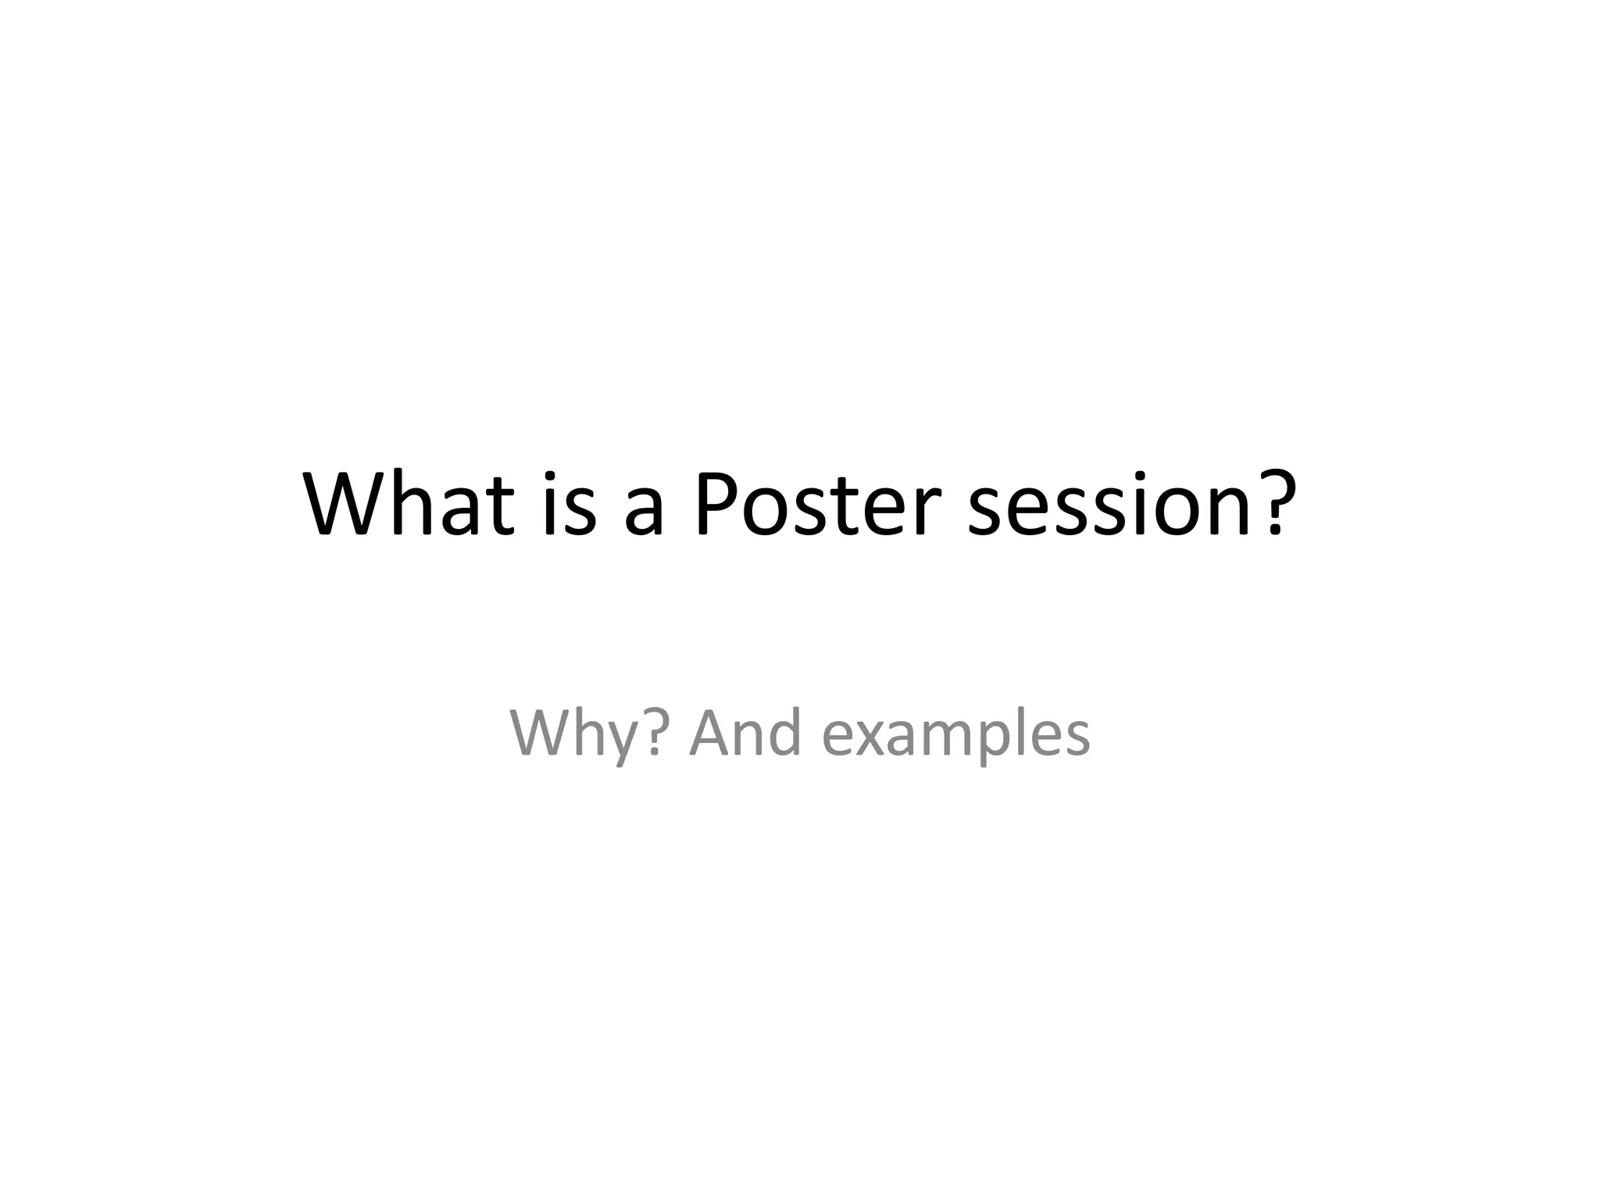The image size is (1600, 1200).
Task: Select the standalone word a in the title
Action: click(x=644, y=512)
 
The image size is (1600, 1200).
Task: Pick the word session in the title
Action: click(x=1109, y=506)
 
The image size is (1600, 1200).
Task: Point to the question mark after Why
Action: click(x=656, y=733)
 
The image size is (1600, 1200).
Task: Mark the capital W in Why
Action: click(x=539, y=733)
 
